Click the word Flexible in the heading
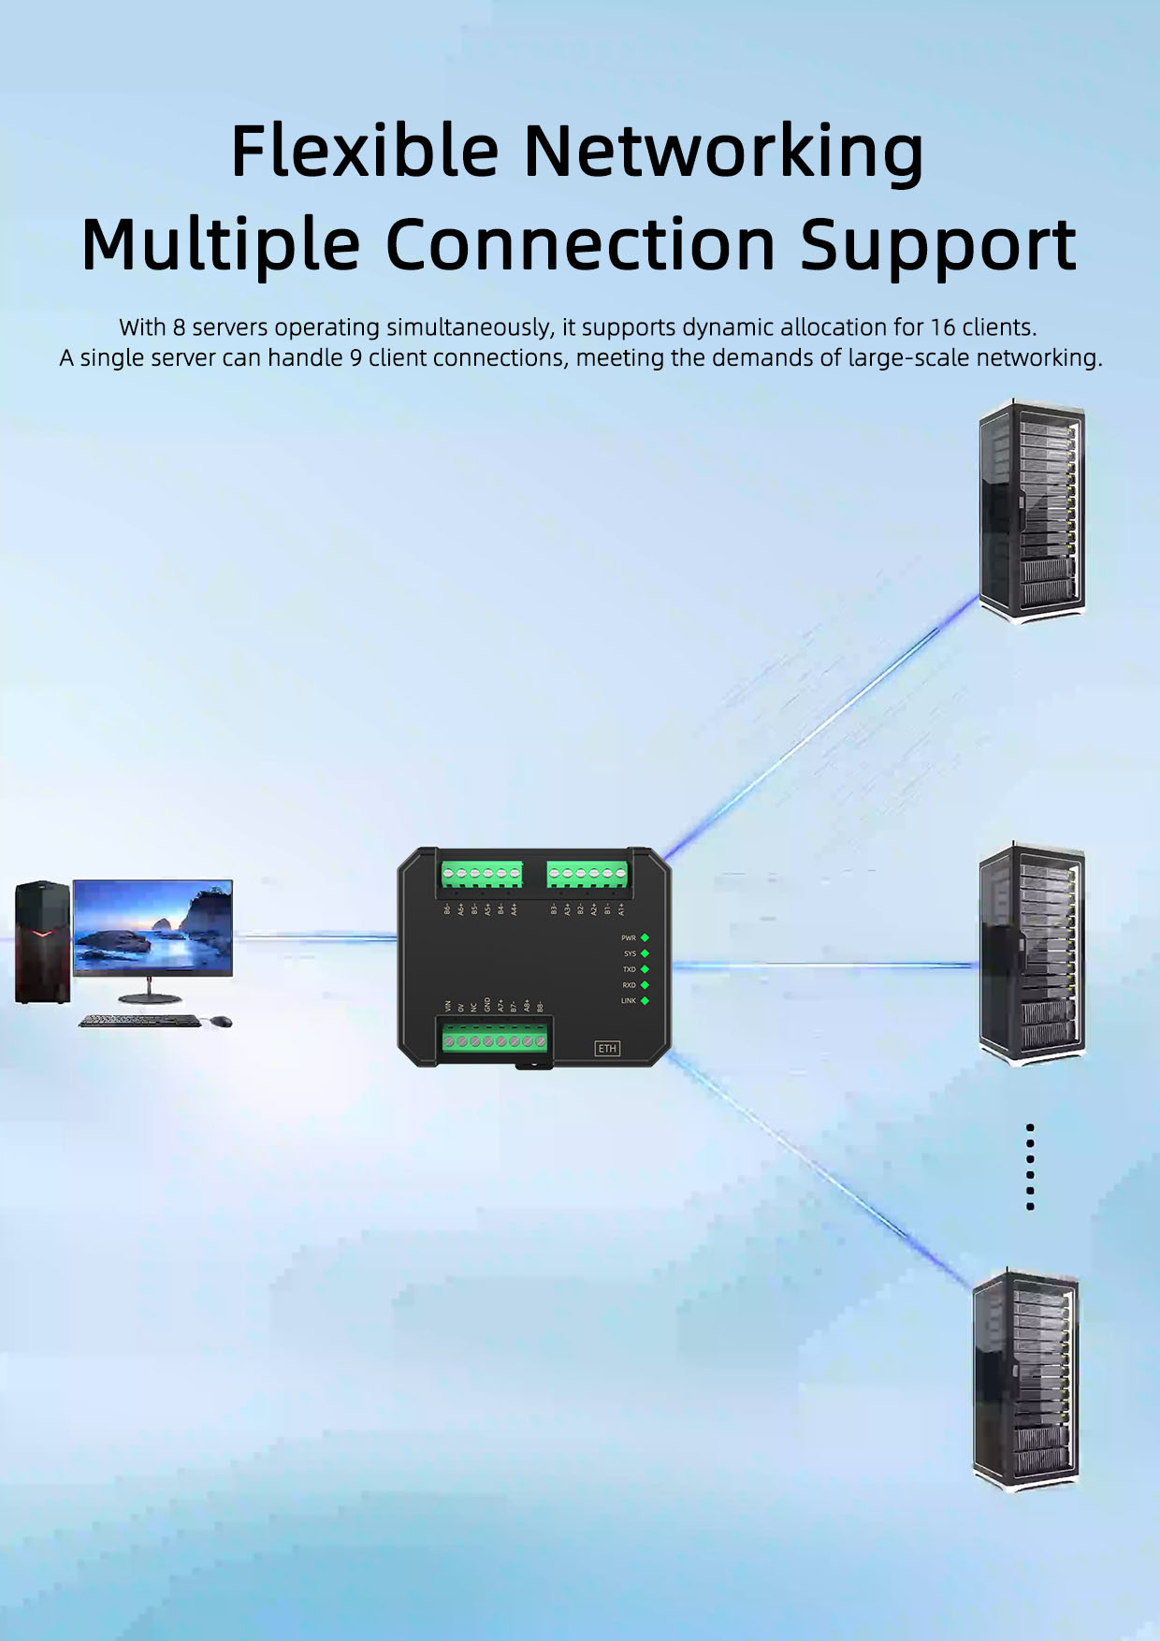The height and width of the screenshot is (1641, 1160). pos(365,151)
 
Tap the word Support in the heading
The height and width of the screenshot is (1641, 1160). pos(937,245)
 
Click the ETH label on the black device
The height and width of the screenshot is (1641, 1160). pos(607,1048)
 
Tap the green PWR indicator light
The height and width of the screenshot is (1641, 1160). pos(645,937)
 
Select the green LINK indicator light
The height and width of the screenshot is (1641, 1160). pos(645,1001)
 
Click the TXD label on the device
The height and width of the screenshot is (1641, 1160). pos(630,969)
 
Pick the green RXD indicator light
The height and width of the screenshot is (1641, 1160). pos(645,985)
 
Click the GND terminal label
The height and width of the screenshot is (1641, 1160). pos(487,1005)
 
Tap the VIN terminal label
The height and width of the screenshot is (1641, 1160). pos(448,1006)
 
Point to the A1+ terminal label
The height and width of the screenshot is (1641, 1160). pos(621,908)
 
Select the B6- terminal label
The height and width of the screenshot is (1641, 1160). pos(448,908)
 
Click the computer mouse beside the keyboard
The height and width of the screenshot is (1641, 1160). pos(221,1021)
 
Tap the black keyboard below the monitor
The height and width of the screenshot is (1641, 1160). pos(139,1021)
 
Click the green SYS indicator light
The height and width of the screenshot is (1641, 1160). pos(645,953)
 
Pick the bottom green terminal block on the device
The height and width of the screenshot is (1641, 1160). pos(495,1038)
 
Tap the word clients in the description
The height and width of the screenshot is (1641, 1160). pos(1004,327)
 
